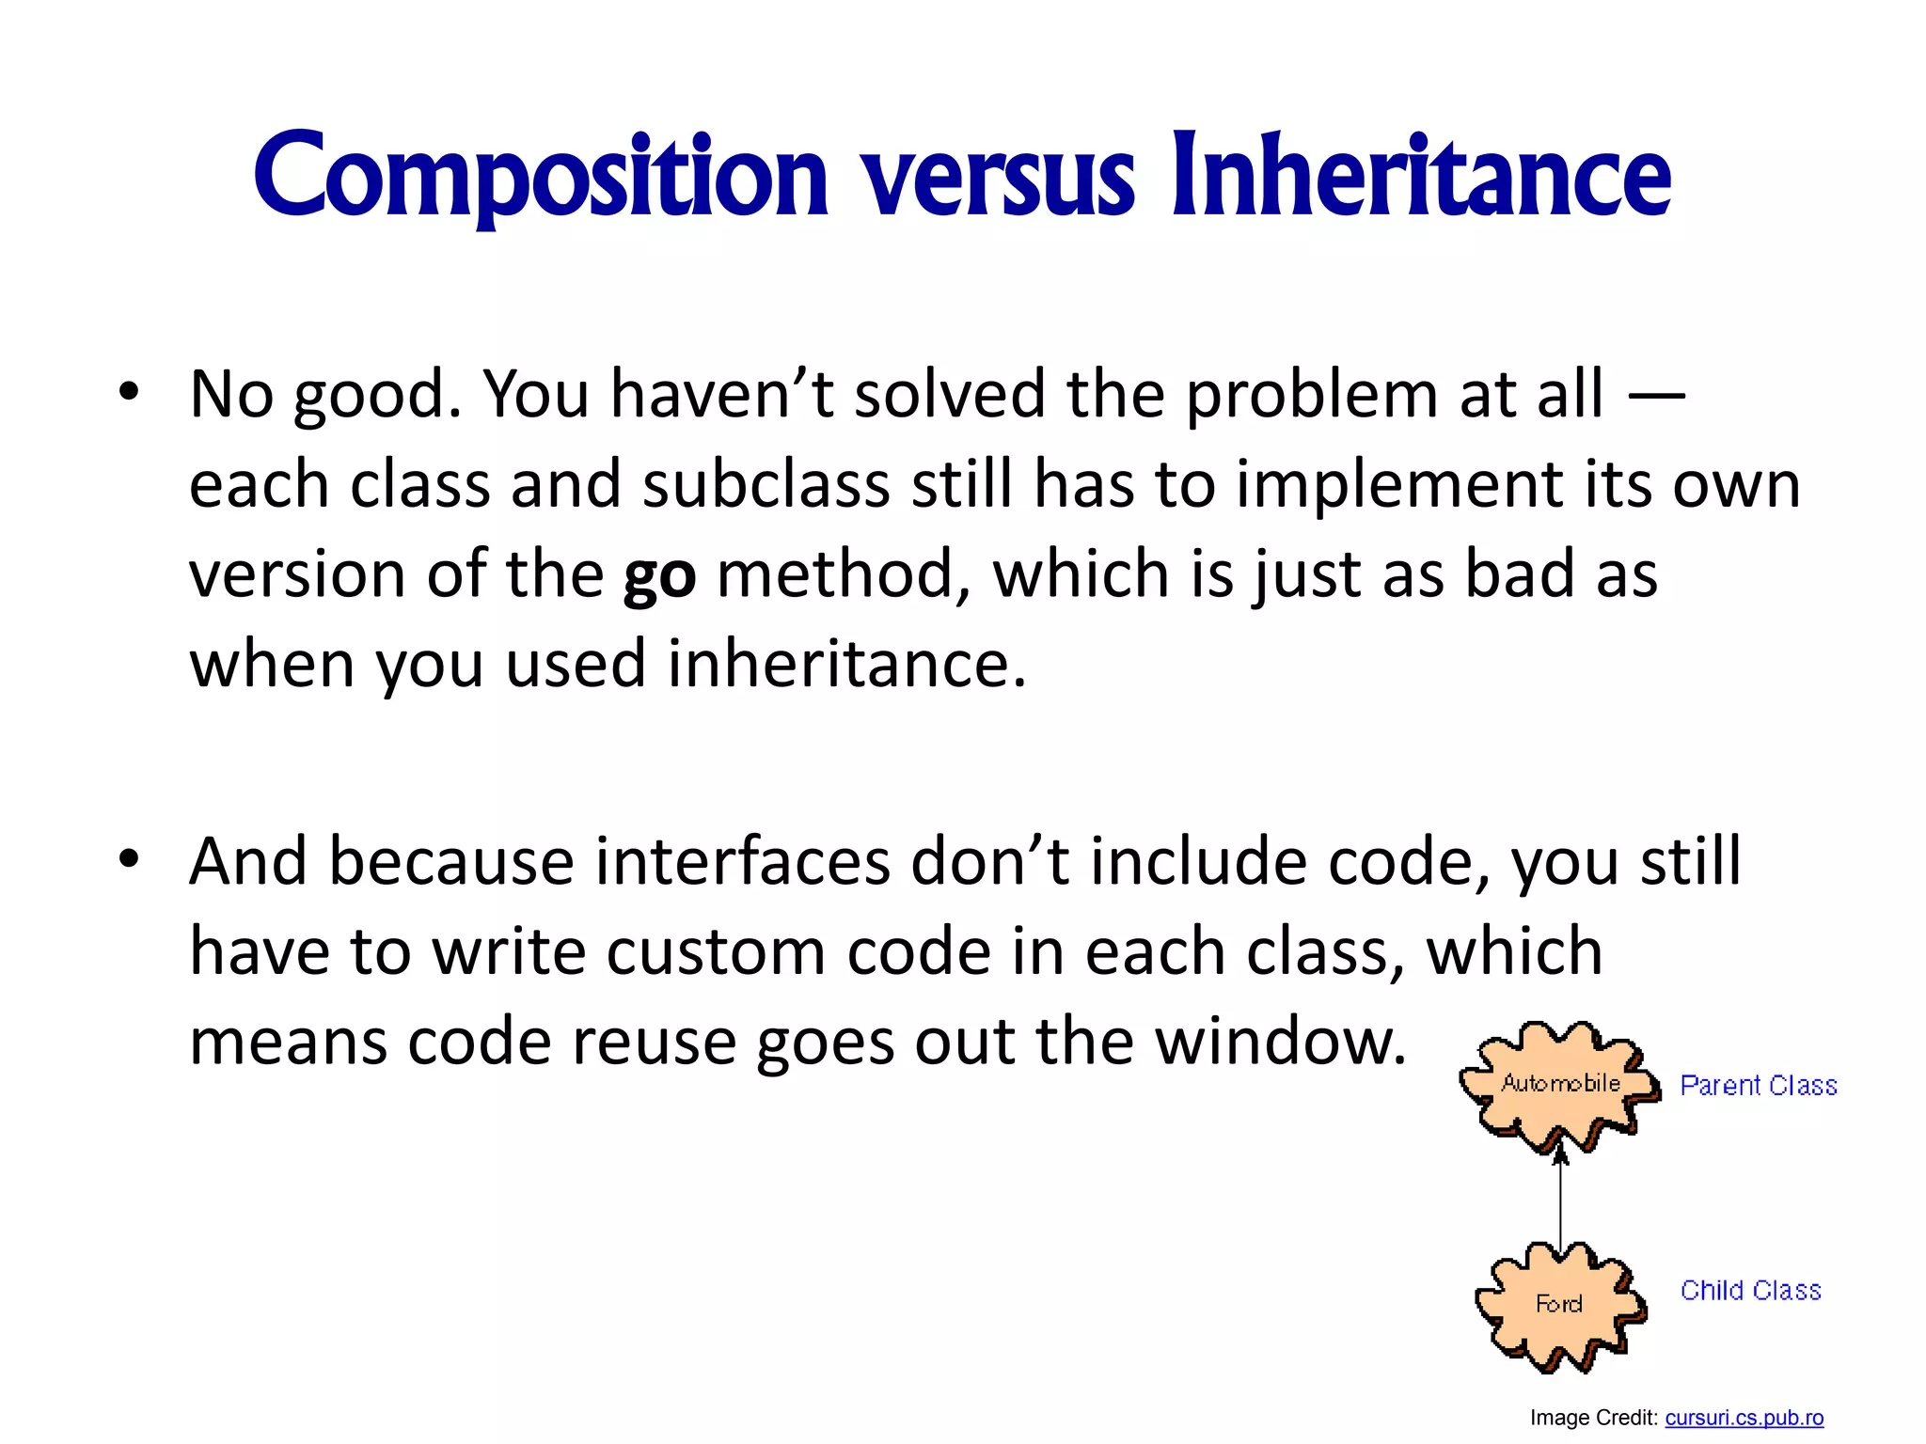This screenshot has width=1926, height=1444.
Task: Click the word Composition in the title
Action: (x=540, y=177)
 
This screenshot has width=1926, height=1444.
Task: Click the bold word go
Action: (x=659, y=575)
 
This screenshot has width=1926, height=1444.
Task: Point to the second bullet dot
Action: (x=129, y=858)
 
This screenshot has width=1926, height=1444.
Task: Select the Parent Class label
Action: (x=1758, y=1086)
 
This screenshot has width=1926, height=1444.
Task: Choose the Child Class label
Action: (x=1750, y=1291)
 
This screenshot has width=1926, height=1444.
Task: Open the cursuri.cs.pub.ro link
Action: (x=1744, y=1418)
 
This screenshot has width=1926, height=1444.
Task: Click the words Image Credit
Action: (x=1592, y=1418)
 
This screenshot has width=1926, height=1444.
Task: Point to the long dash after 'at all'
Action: (x=1656, y=395)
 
